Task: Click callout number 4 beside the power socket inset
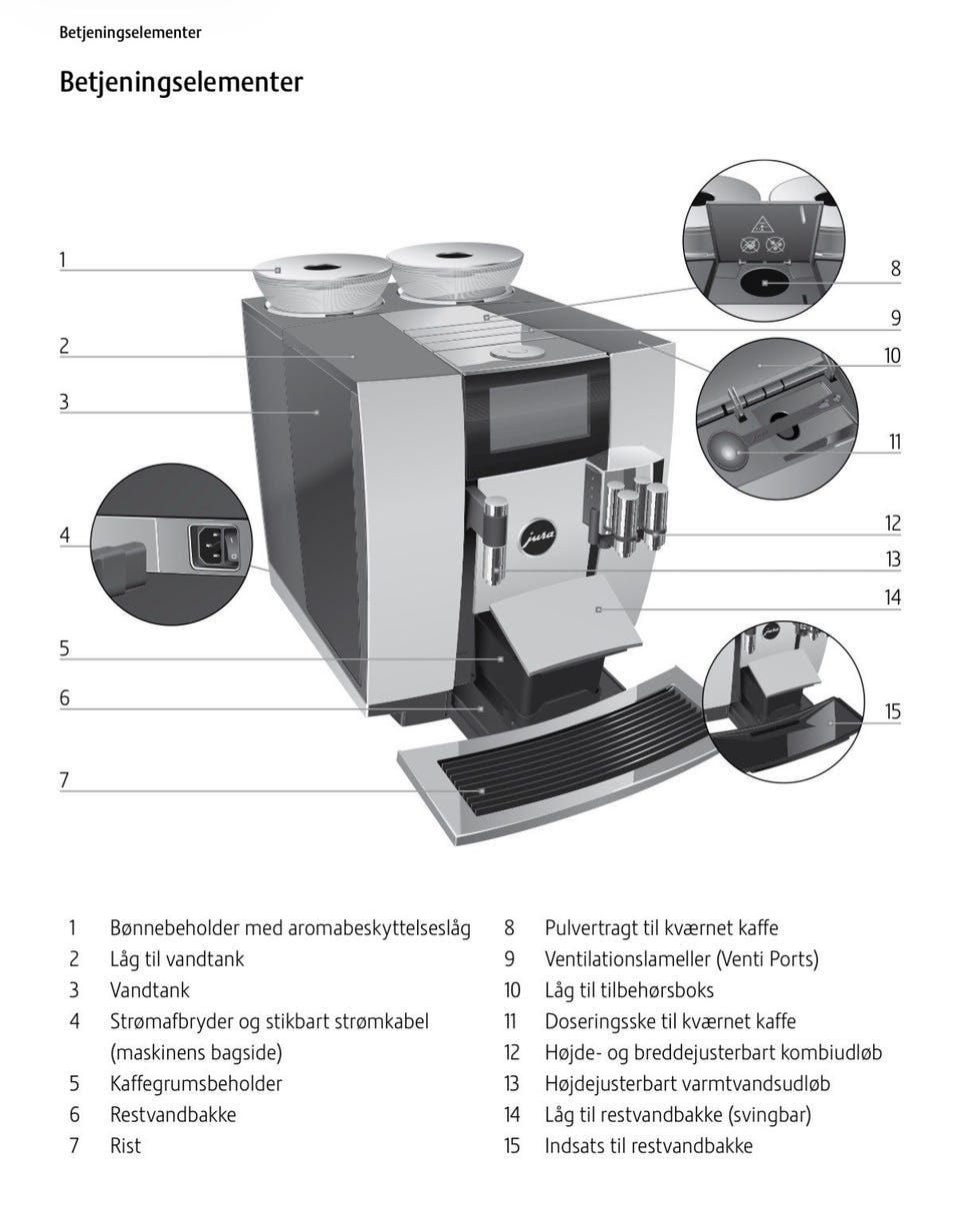[x=65, y=536]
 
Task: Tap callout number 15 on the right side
[x=892, y=711]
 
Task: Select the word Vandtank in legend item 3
[x=149, y=990]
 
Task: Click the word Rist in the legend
[x=125, y=1145]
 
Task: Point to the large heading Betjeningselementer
[x=181, y=81]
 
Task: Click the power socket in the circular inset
[x=212, y=547]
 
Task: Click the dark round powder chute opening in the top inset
[x=764, y=284]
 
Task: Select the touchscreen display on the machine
[x=535, y=412]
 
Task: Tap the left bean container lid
[x=320, y=268]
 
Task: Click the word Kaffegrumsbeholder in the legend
[x=196, y=1083]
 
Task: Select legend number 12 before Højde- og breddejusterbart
[x=512, y=1052]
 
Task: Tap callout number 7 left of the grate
[x=64, y=779]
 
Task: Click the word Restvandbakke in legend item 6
[x=173, y=1114]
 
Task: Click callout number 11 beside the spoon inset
[x=893, y=442]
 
